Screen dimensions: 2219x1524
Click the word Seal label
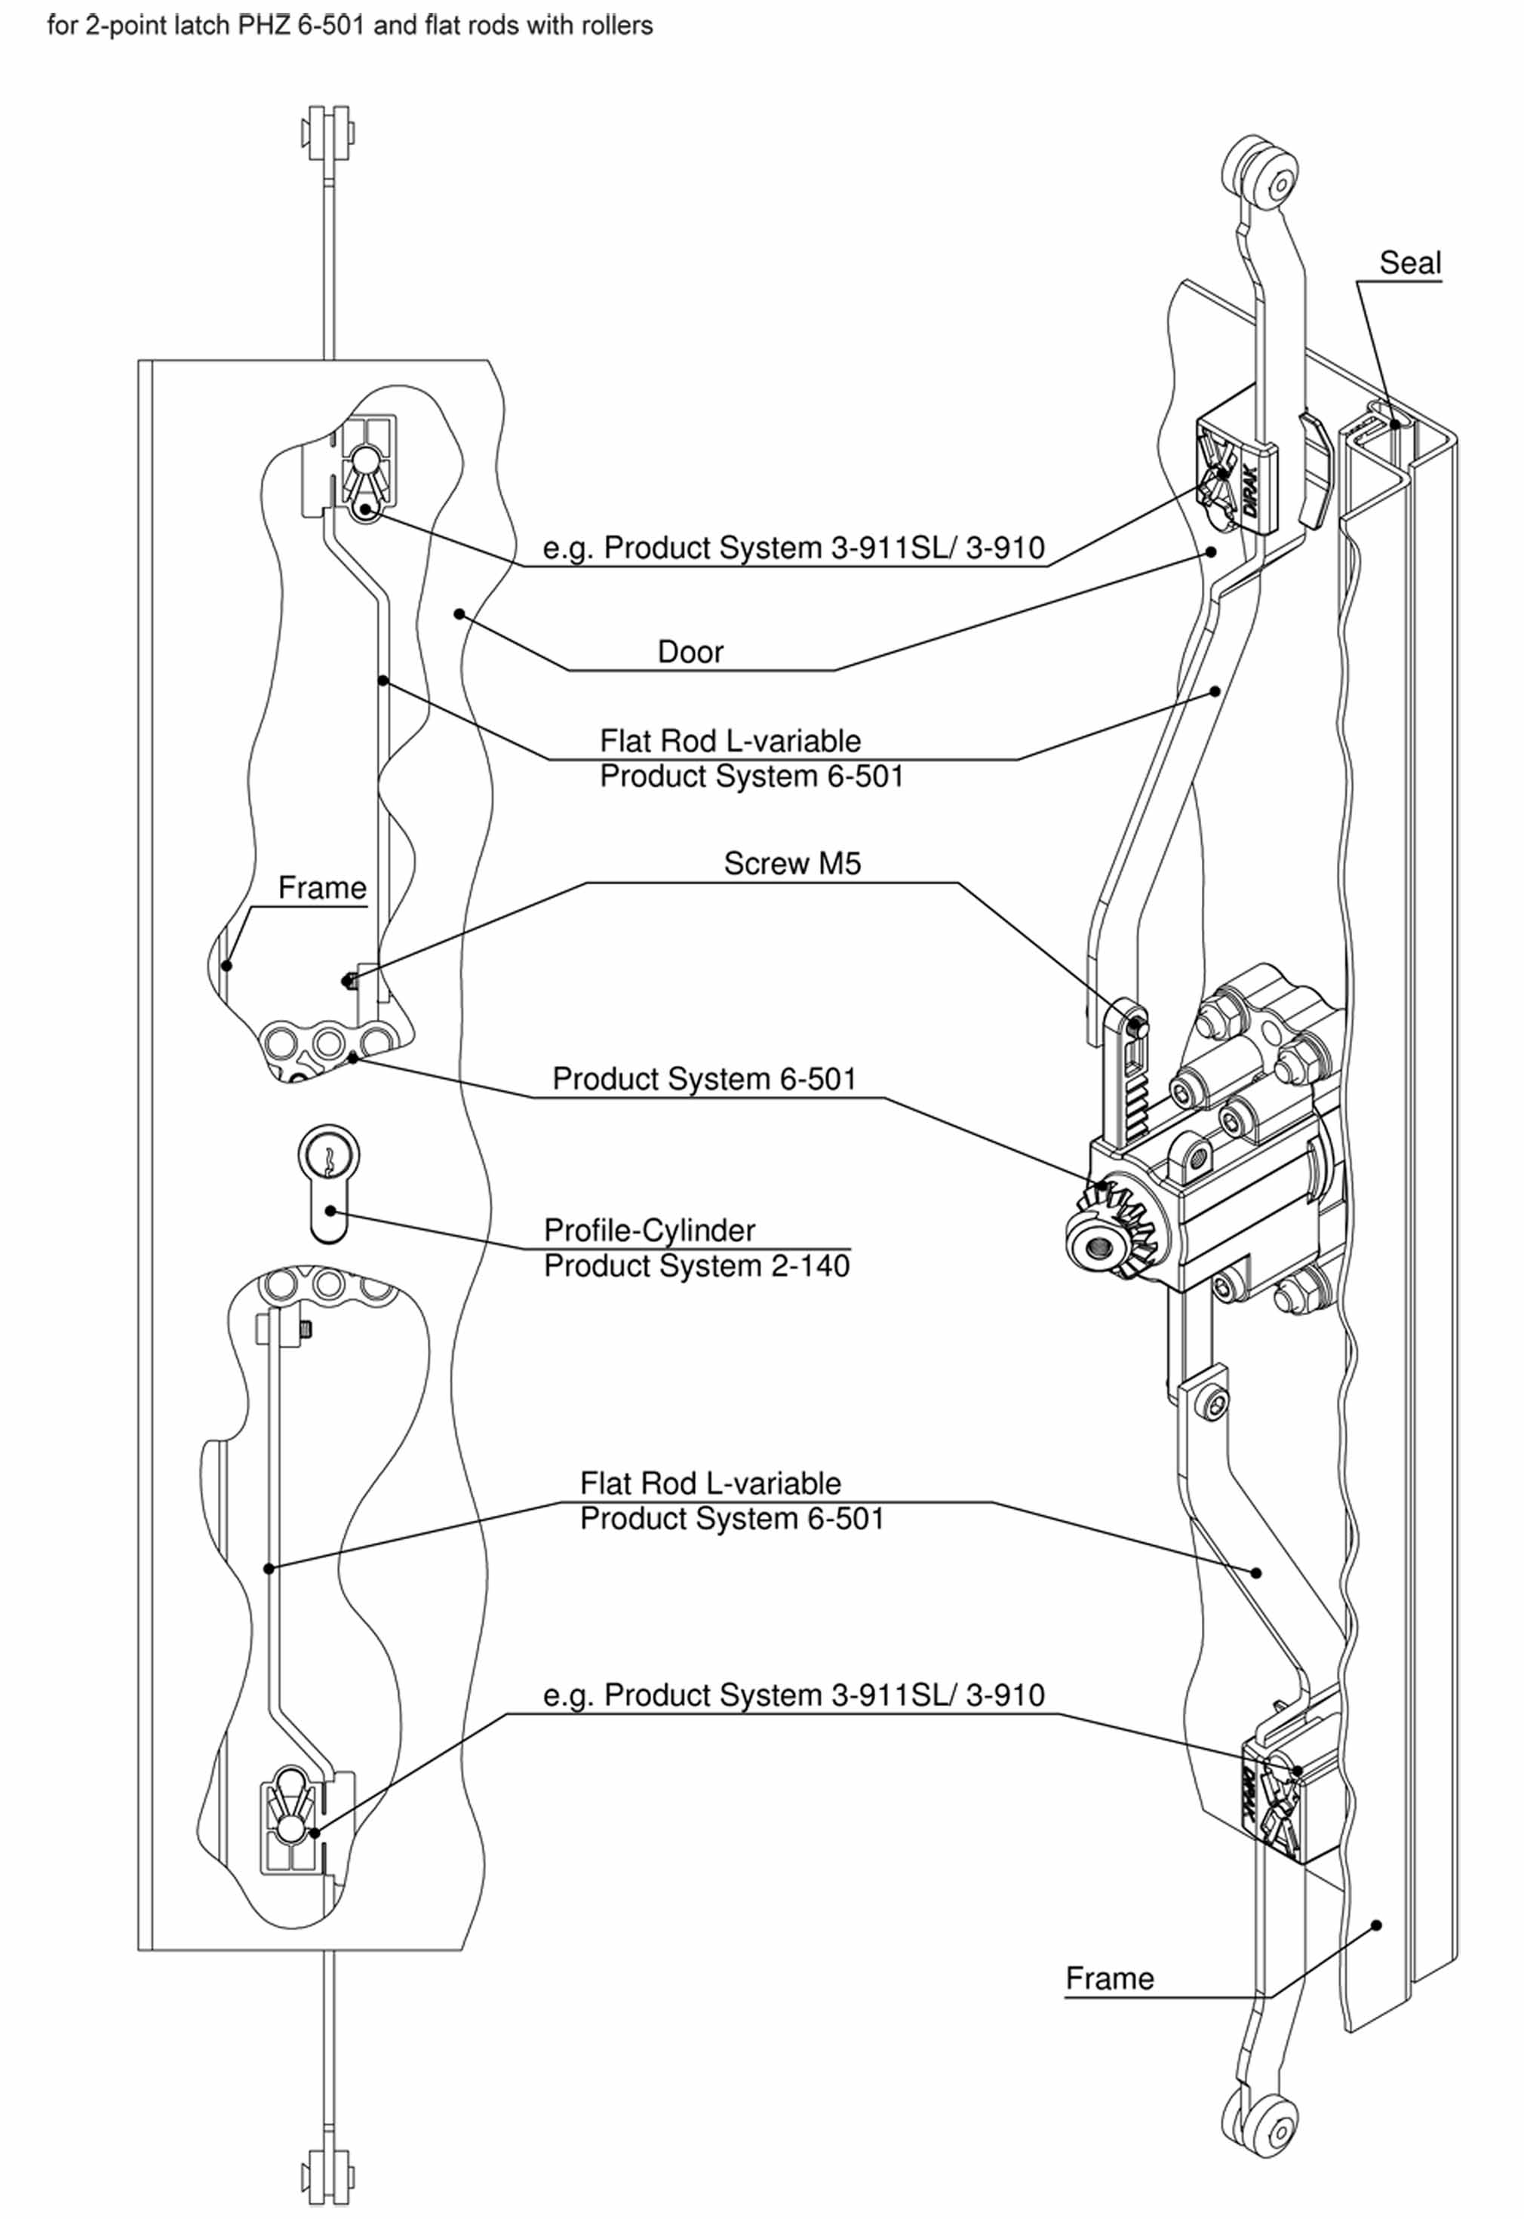pos(1409,263)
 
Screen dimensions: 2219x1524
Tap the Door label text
pos(690,652)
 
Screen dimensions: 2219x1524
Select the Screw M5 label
pos(791,863)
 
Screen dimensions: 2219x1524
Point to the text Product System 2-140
pos(696,1266)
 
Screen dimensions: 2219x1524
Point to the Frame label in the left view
pos(322,888)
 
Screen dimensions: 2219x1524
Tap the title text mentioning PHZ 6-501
pos(349,26)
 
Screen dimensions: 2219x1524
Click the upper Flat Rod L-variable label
pos(730,741)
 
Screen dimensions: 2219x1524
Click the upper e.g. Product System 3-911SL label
pos(793,548)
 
